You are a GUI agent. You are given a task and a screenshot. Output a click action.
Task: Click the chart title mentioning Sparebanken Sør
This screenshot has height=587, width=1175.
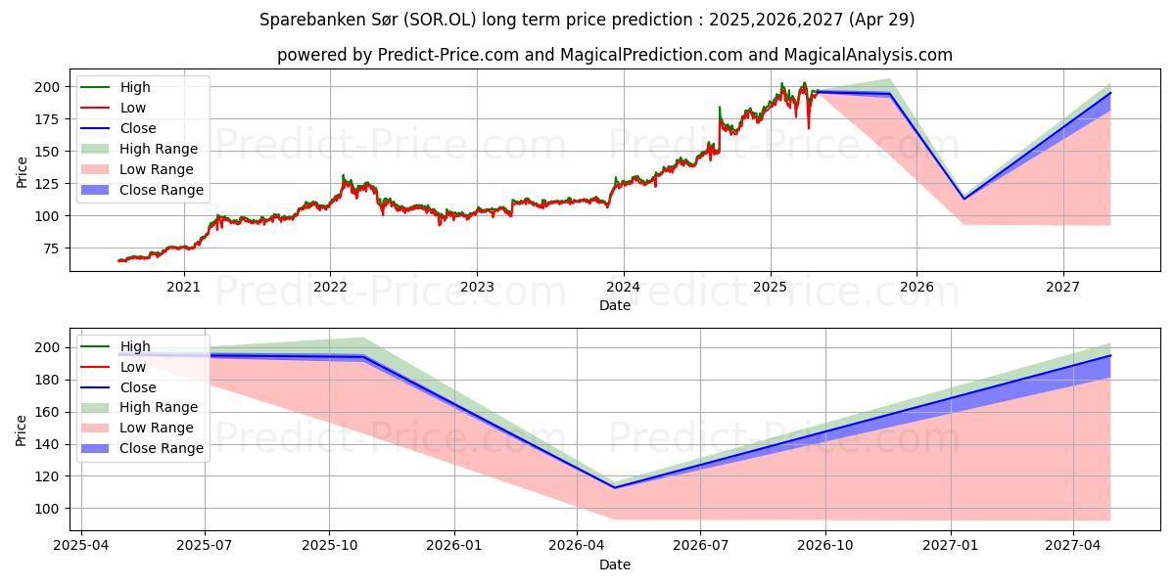(x=587, y=20)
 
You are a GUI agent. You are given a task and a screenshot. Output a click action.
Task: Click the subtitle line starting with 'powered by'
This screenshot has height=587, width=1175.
(x=614, y=55)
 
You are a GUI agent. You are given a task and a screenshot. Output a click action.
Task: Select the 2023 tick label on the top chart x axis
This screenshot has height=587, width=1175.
(x=477, y=287)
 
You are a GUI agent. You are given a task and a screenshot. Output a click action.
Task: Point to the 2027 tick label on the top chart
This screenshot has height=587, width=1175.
(x=1063, y=287)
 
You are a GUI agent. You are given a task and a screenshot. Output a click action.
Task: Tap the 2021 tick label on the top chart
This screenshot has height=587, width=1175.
(x=183, y=287)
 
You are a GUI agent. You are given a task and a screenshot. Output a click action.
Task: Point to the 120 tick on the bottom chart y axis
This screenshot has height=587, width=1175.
(x=46, y=476)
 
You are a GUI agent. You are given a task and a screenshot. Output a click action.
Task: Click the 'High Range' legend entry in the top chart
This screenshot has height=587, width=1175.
(x=158, y=149)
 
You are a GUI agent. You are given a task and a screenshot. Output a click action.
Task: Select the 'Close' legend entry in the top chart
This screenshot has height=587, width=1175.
(x=137, y=128)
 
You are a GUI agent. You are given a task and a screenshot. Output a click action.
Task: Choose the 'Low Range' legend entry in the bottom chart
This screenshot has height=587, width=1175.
(x=157, y=428)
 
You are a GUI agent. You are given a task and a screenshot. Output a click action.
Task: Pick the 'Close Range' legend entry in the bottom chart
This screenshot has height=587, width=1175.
(x=161, y=448)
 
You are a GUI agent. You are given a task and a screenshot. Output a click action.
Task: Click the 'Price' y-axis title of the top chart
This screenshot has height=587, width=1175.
(x=22, y=171)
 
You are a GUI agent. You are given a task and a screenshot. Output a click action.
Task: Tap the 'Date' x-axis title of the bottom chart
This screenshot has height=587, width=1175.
(x=614, y=564)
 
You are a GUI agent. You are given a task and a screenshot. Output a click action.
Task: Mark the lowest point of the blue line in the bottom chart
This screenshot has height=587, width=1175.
(x=615, y=487)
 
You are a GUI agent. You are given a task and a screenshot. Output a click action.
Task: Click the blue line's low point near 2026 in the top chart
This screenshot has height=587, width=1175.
(x=963, y=199)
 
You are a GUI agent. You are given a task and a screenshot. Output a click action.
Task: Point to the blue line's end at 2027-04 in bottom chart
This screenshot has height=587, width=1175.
(x=1110, y=355)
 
